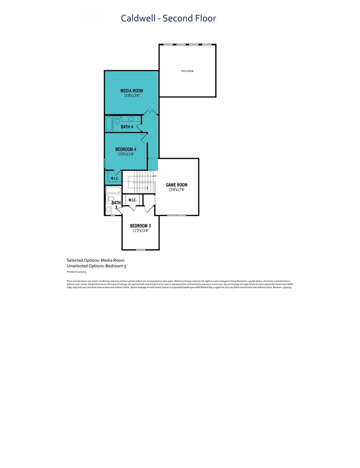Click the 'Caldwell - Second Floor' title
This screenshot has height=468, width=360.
tap(168, 18)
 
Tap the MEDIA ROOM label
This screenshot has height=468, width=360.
tap(132, 90)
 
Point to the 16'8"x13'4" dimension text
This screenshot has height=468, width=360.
tap(132, 96)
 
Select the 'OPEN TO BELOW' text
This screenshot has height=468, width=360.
tap(187, 71)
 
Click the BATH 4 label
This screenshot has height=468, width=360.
tap(128, 127)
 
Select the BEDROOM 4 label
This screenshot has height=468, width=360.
tap(126, 149)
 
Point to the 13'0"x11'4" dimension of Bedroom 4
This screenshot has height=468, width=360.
tap(126, 154)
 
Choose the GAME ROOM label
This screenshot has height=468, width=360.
tap(176, 185)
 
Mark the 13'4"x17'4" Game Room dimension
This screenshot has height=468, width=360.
tap(176, 190)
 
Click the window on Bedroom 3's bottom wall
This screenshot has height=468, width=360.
tap(140, 250)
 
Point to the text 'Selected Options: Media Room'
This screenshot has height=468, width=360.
tap(96, 260)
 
